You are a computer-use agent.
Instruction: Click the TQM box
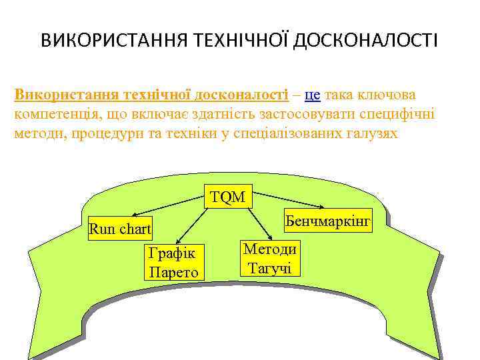tap(227, 197)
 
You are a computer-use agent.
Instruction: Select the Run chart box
tap(120, 229)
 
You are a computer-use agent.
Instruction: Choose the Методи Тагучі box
tap(270, 258)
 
